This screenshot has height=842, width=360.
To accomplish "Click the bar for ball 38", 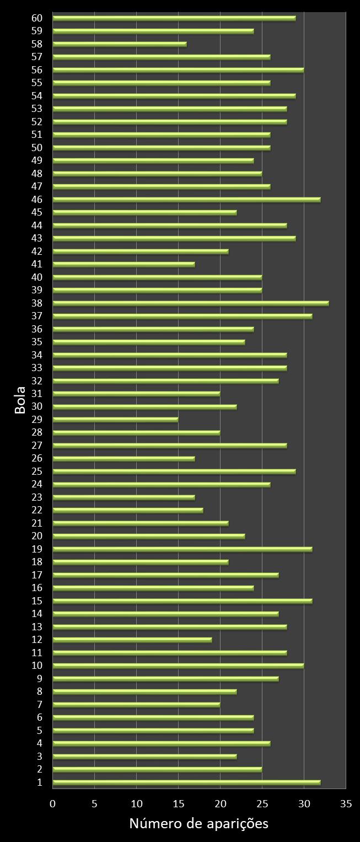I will click(x=191, y=303).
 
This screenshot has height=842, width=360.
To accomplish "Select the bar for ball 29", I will click(x=115, y=420).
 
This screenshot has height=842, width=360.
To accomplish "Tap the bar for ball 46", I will click(x=186, y=200).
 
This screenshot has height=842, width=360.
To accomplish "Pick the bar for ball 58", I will click(x=120, y=44).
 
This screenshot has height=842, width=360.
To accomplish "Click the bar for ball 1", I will click(x=186, y=782).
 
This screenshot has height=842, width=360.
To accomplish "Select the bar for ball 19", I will click(x=182, y=549).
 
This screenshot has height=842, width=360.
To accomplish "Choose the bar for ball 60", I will click(x=174, y=18).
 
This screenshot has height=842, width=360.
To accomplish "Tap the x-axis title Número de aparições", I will click(x=198, y=824).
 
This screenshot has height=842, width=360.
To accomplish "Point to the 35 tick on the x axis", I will click(x=346, y=804).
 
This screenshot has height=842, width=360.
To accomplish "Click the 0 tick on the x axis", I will click(x=53, y=804).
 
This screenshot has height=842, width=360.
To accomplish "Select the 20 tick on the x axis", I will click(x=221, y=804).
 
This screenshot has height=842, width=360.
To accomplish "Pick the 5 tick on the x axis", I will click(x=95, y=804).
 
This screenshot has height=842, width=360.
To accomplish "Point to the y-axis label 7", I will click(x=39, y=705).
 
